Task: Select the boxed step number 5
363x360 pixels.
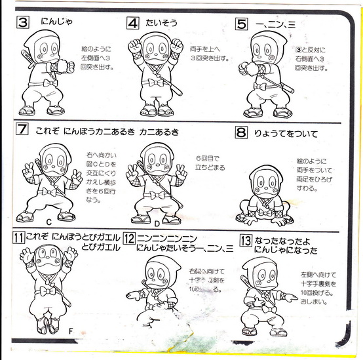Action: (241, 24)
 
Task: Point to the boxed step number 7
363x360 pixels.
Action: (22, 129)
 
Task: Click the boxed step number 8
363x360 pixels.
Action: (241, 133)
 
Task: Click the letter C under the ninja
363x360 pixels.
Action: (48, 222)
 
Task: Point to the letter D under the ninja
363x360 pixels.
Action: (156, 223)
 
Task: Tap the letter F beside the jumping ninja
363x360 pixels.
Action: (71, 330)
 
